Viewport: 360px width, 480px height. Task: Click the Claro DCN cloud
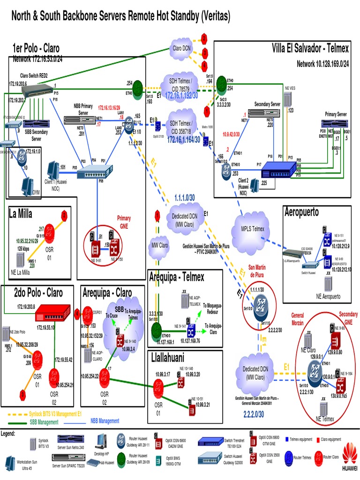(x=182, y=48)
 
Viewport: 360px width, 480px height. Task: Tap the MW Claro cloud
(x=160, y=245)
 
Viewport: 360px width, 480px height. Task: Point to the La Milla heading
(x=21, y=214)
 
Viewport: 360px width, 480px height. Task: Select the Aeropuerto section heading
(x=301, y=212)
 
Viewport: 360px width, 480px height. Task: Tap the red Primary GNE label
(x=124, y=221)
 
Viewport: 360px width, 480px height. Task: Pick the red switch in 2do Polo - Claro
(x=52, y=311)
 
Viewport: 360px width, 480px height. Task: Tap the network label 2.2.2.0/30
(x=254, y=414)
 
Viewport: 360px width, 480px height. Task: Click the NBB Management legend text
(x=102, y=420)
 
